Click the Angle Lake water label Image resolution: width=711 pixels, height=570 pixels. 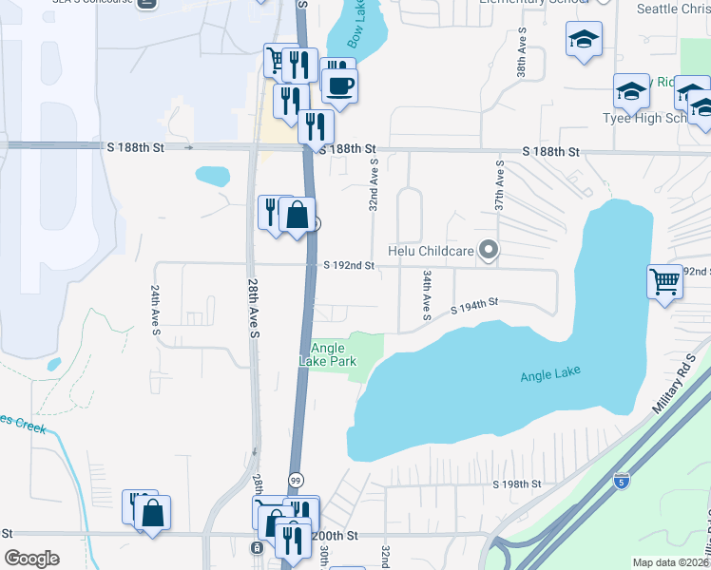(x=549, y=376)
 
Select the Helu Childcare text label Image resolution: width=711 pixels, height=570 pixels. (x=432, y=252)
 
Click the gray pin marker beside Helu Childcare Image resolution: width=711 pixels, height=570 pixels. (x=490, y=251)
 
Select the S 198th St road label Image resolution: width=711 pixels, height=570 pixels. (x=516, y=484)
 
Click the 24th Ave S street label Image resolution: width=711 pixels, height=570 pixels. (x=155, y=309)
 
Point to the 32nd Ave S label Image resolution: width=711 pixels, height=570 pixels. (x=375, y=185)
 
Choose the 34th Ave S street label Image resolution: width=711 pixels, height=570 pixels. (x=428, y=294)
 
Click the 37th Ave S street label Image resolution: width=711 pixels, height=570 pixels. (x=498, y=185)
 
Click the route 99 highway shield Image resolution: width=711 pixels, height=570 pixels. (x=296, y=481)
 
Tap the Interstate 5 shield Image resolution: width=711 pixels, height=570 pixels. (x=621, y=481)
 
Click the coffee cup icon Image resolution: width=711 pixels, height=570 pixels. (x=339, y=85)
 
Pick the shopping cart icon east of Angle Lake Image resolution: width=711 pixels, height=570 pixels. (x=664, y=280)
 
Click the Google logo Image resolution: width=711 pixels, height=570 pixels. (x=32, y=559)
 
